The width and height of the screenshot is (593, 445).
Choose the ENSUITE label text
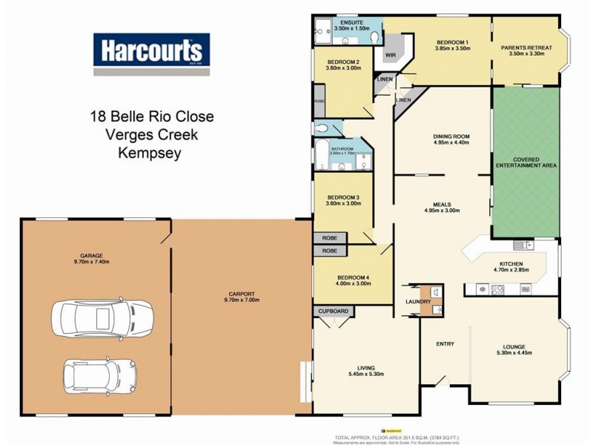351,23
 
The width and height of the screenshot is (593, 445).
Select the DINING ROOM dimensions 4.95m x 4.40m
451,144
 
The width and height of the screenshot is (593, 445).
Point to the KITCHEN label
511,264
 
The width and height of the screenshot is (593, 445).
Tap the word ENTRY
445,343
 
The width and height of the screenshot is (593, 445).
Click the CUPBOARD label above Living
334,311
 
